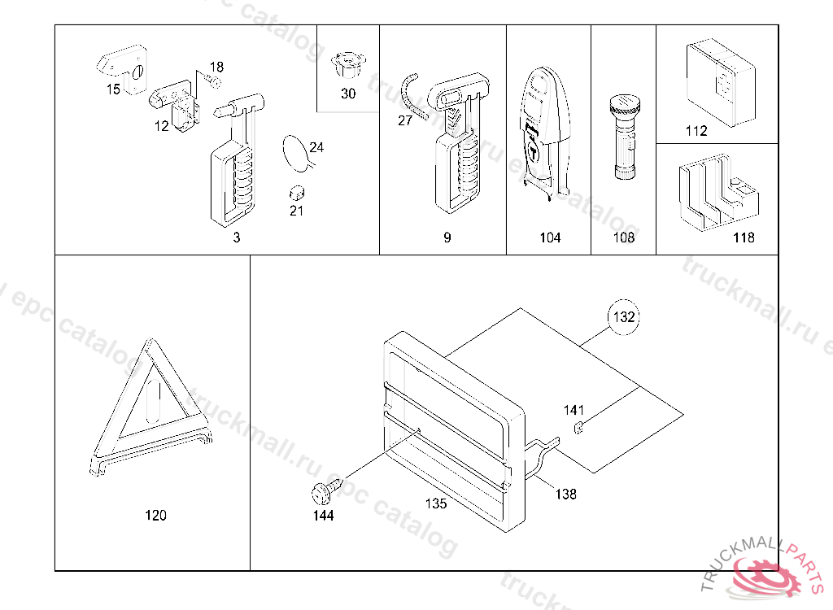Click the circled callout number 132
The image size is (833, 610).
point(624,317)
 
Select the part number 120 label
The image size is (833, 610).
point(155,515)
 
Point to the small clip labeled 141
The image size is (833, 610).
point(578,429)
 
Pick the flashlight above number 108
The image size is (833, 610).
point(624,136)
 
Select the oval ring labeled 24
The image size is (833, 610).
point(294,151)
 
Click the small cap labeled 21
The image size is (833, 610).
point(297,194)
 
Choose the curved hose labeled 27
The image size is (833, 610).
point(412,98)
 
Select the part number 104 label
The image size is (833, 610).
point(550,237)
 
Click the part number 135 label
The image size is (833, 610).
point(436,503)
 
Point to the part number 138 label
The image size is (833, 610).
point(566,494)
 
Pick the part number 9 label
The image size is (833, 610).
point(447,237)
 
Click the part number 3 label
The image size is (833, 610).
point(237,237)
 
